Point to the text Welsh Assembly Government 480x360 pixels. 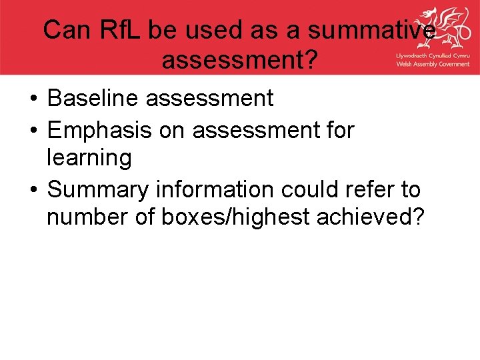pyautogui.click(x=433, y=65)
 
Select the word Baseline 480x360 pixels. pyautogui.click(x=93, y=98)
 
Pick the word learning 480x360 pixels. pyautogui.click(x=89, y=159)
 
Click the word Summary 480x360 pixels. pyautogui.click(x=99, y=190)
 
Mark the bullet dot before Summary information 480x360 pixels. pyautogui.click(x=33, y=191)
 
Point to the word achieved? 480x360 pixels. pyautogui.click(x=381, y=218)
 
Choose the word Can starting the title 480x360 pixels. pyautogui.click(x=65, y=30)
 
